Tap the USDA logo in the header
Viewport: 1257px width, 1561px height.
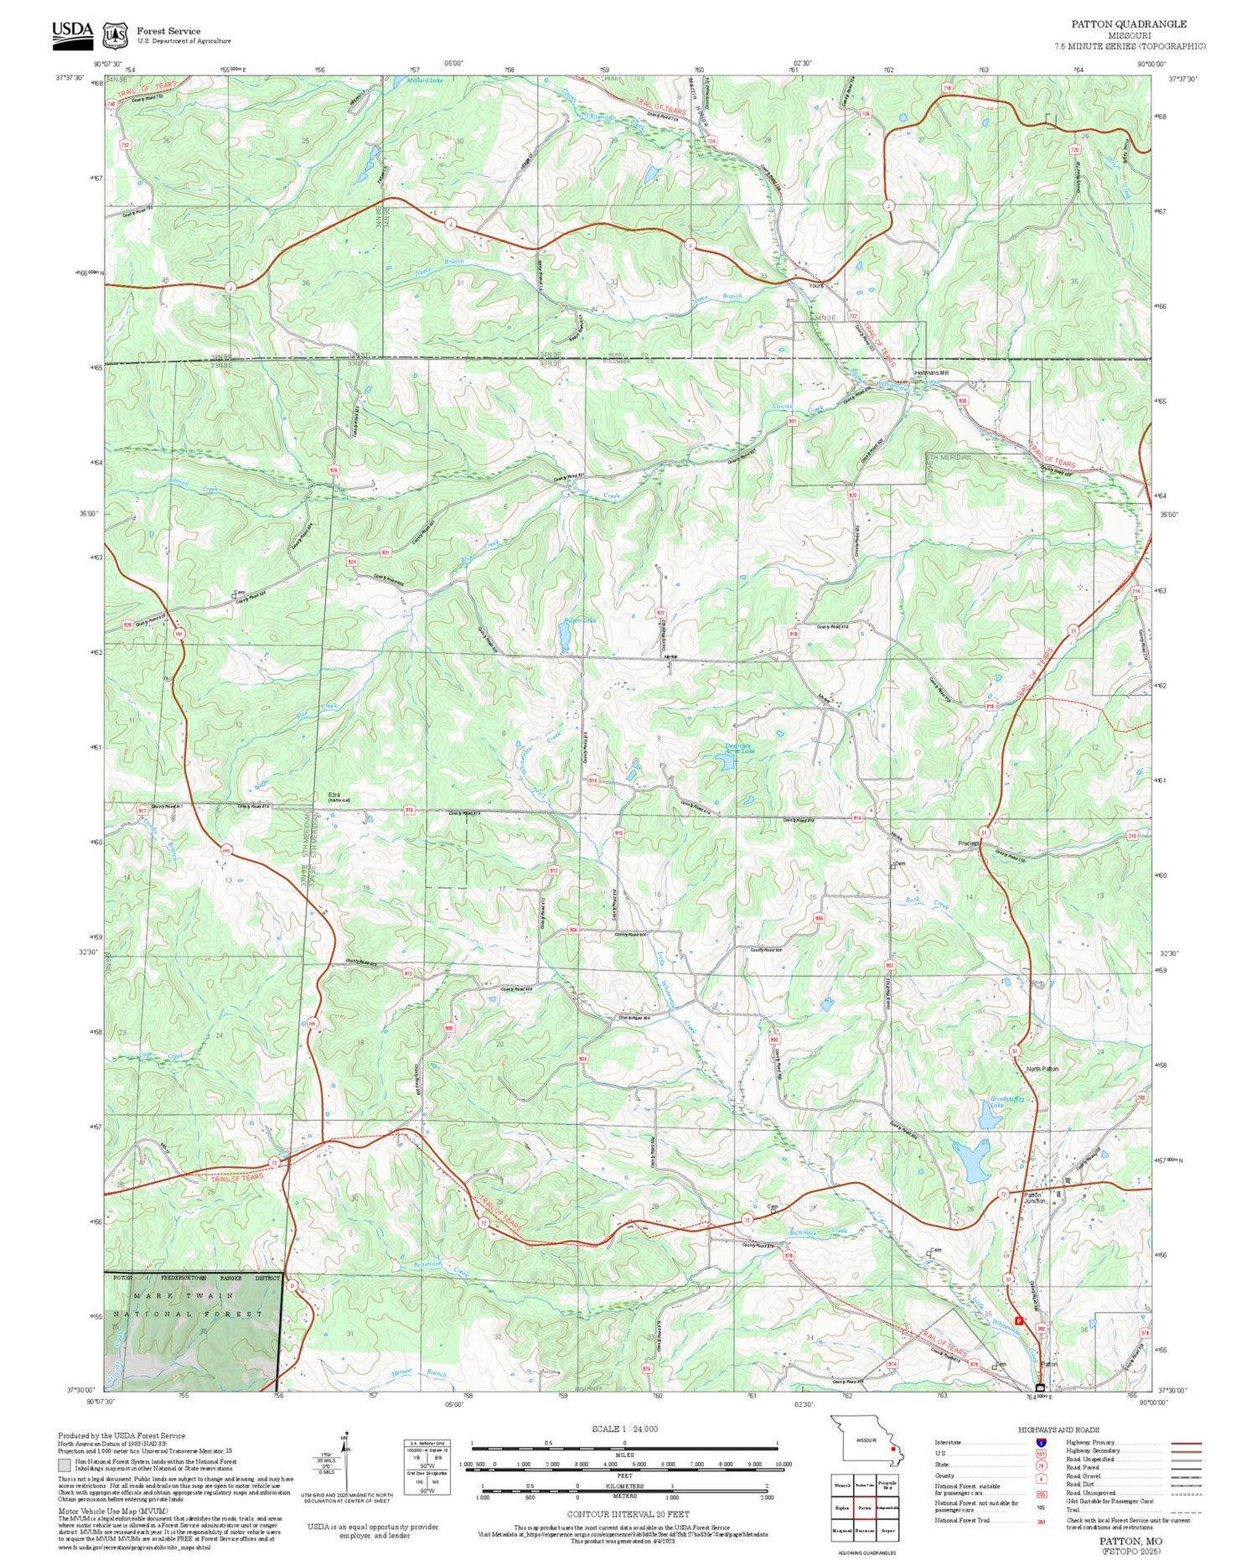[x=72, y=31]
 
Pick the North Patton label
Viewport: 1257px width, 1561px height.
[x=1042, y=1069]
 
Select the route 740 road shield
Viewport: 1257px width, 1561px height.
[x=111, y=105]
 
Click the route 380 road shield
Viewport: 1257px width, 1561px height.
[x=1042, y=1329]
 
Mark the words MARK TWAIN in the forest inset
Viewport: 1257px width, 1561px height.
[x=189, y=1295]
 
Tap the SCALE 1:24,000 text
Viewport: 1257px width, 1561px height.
[x=624, y=1429]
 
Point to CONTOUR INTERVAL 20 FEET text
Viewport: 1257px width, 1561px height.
[x=628, y=1514]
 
